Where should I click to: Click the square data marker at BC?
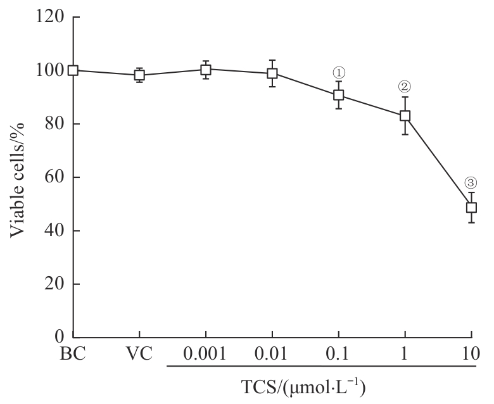[73, 70]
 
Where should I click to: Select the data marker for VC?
[139, 75]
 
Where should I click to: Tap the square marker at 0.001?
[206, 69]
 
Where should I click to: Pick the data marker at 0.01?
[272, 73]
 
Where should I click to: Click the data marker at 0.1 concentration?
[339, 95]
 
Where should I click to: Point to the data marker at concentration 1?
[405, 116]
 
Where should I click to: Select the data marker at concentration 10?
[471, 207]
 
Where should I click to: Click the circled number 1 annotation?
[339, 73]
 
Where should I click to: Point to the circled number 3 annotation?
[471, 183]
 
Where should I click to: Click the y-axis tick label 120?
[50, 17]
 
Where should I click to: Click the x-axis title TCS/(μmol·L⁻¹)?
[322, 386]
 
